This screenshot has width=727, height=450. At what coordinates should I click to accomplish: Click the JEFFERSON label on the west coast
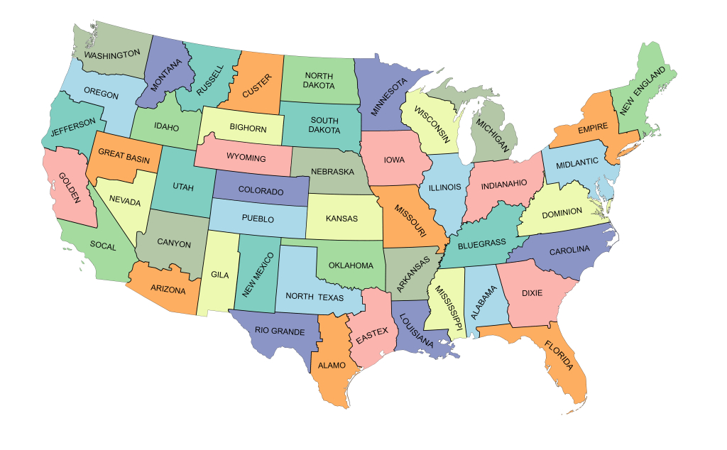coord(72,128)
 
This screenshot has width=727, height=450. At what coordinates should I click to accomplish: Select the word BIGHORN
coord(248,128)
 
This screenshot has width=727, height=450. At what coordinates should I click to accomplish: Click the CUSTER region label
coord(256,86)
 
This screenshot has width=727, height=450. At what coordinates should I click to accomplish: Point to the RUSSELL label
coord(210,80)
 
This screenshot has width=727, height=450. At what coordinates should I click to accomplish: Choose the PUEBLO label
coord(257,219)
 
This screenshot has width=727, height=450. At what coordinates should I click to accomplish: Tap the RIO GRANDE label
coord(280,331)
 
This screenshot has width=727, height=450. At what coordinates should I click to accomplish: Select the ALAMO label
coord(332,366)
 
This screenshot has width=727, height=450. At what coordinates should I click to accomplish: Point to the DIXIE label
coord(532,292)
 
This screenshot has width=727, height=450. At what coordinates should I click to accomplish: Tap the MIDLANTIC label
coord(576,163)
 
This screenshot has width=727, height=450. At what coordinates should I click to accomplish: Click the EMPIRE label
coord(591,129)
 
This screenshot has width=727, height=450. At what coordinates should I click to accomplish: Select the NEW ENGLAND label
coord(643,91)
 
